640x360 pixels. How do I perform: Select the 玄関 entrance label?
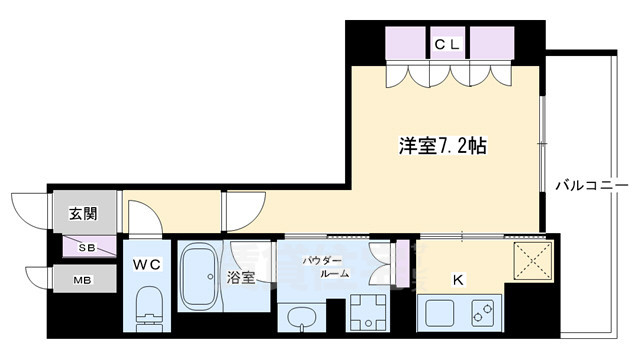(x=82, y=213)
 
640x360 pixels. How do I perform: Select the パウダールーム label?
(x=324, y=266)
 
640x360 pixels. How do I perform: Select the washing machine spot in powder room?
(x=367, y=313)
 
